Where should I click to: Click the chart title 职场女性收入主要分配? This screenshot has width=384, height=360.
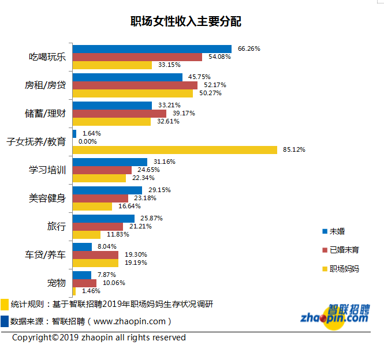coord(186,22)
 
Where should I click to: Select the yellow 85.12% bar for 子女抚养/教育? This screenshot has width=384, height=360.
coord(175,150)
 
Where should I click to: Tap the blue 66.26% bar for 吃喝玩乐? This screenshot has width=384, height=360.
coord(152,49)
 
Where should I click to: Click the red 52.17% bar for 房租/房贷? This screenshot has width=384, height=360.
coord(135,85)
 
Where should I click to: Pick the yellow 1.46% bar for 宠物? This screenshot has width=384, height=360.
coord(74,291)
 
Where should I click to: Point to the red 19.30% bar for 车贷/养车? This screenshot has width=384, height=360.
coord(95,254)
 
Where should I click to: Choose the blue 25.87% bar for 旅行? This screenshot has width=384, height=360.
coord(103,219)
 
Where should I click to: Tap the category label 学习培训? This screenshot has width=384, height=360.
coord(47,170)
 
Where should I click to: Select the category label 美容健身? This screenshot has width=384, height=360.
coord(47,198)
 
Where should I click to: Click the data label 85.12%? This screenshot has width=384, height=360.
coord(294,150)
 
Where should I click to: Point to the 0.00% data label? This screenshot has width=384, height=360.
coord(88,141)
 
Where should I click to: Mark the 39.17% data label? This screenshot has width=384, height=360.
coord(184,113)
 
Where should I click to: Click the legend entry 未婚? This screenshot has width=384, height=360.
coord(337,231)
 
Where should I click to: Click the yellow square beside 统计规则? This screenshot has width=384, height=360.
coord(5,305)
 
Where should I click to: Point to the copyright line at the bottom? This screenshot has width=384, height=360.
coord(99,337)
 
